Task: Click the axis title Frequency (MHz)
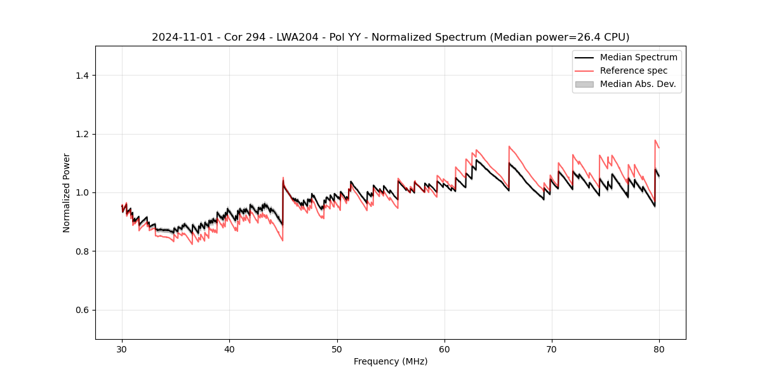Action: point(391,361)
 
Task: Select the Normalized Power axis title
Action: point(67,192)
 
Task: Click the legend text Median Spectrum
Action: point(638,57)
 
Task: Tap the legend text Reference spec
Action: point(634,70)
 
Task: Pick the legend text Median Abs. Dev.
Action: point(638,84)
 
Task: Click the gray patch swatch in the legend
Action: point(584,84)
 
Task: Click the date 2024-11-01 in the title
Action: point(180,37)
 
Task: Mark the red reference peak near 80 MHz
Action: point(655,140)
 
